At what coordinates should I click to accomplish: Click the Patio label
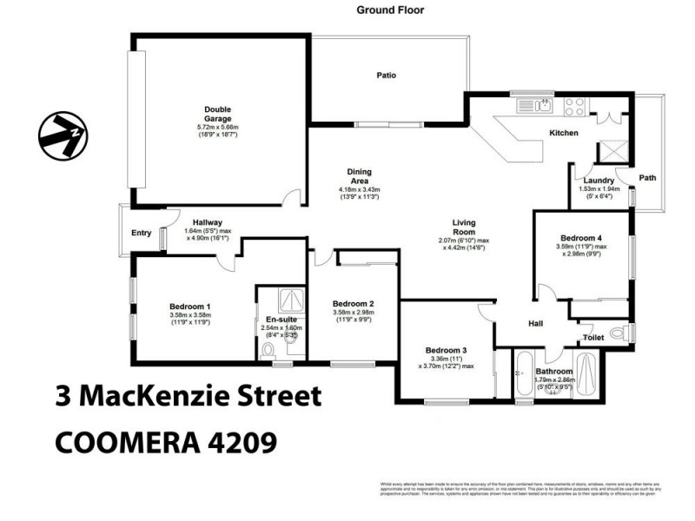point(387,76)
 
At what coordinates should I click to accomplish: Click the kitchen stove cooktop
point(575,106)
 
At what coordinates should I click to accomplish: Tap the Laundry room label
point(599,181)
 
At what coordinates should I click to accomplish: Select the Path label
point(648,178)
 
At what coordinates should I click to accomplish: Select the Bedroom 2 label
point(354,303)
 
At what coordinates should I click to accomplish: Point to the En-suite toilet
point(268,351)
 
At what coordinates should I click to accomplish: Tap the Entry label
point(141,234)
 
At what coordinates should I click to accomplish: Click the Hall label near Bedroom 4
point(536,324)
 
